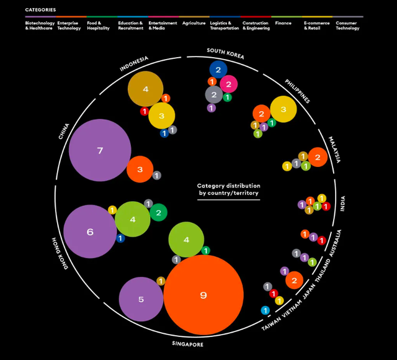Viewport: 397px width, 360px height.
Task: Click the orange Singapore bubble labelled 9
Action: click(x=203, y=295)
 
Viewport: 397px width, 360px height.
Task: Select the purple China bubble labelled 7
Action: click(x=100, y=150)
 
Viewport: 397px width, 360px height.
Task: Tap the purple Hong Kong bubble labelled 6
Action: click(x=90, y=232)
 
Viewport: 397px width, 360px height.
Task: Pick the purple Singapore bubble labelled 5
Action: click(x=141, y=299)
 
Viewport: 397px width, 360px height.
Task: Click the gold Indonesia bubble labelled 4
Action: click(x=145, y=89)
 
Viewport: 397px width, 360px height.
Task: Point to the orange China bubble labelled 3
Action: click(x=140, y=169)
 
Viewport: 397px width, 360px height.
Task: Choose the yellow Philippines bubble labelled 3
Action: click(x=283, y=109)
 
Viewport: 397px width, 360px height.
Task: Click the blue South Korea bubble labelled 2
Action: click(x=218, y=70)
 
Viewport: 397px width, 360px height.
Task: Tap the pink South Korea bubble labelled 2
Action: click(x=228, y=84)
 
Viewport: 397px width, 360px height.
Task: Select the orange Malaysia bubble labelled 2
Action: click(x=318, y=157)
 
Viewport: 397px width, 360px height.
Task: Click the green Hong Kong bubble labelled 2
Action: click(x=158, y=213)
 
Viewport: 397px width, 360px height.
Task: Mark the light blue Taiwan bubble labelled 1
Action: click(x=265, y=310)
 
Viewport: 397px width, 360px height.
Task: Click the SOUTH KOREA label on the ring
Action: click(x=226, y=54)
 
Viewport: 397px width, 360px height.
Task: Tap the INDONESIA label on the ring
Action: click(x=134, y=64)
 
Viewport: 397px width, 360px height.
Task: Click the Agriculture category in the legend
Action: click(x=194, y=23)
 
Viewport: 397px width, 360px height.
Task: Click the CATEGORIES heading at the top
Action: click(x=40, y=10)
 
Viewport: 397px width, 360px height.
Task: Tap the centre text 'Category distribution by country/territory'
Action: click(x=229, y=189)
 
